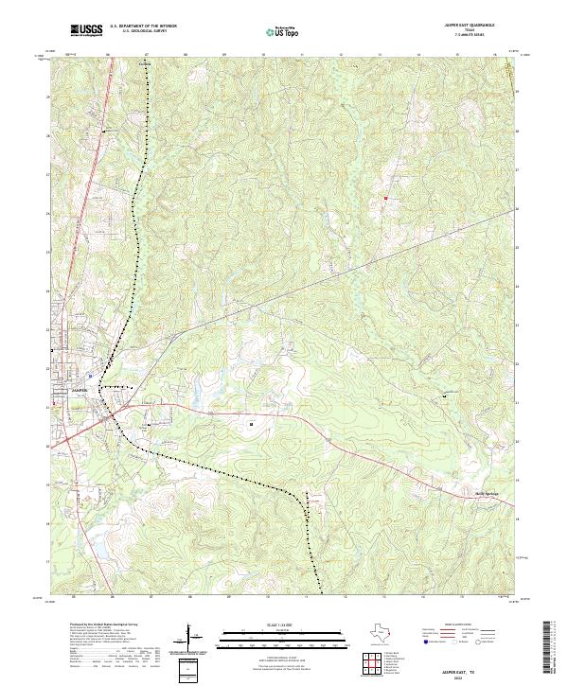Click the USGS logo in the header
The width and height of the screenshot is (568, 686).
(x=86, y=31)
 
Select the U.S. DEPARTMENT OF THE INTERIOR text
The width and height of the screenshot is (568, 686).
(x=143, y=26)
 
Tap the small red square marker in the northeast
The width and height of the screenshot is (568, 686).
(x=386, y=198)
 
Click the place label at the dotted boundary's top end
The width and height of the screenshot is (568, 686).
(x=145, y=65)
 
